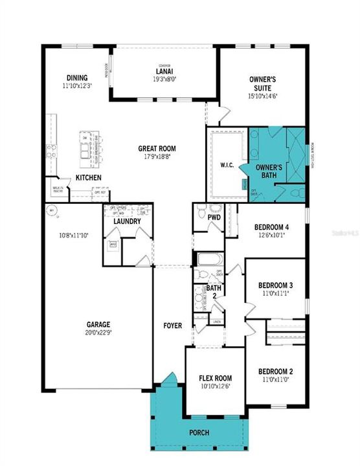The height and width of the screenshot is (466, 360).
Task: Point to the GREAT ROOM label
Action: [x=157, y=148]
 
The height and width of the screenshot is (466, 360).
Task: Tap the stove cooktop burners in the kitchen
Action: [x=51, y=152]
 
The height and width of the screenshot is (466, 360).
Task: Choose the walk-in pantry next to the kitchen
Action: [x=58, y=189]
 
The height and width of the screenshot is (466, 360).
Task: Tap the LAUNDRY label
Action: [x=128, y=222]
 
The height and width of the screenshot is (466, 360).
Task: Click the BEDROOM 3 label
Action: [x=276, y=285]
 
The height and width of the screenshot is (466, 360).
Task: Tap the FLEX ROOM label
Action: [x=214, y=378]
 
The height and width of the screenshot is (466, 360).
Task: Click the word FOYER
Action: [x=172, y=326]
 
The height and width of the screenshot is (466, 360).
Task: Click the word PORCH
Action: [x=199, y=432]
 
